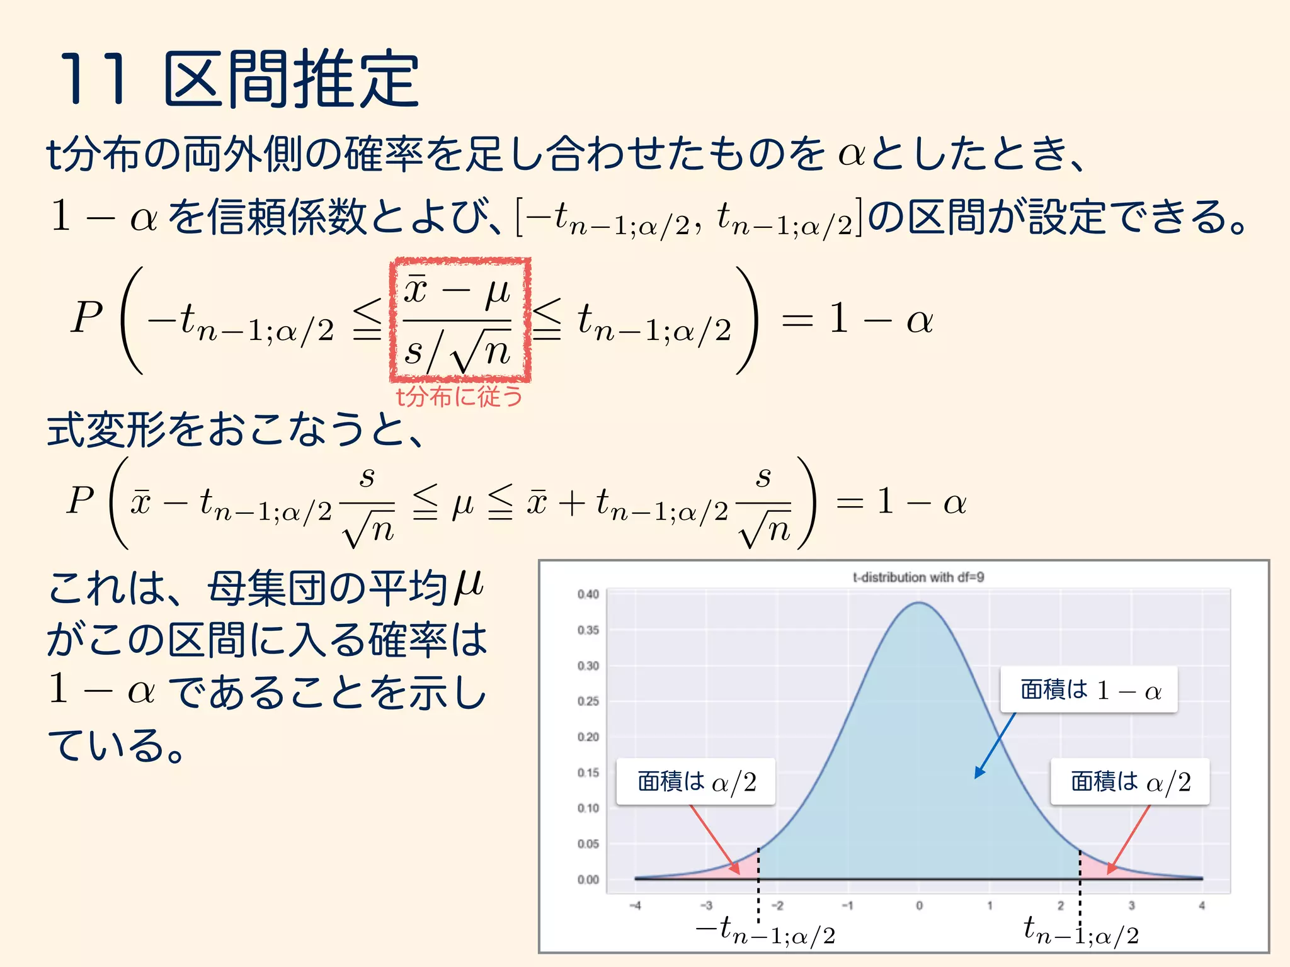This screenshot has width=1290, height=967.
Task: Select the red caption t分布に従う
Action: (x=459, y=397)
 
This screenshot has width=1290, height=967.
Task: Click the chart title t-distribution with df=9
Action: (x=918, y=577)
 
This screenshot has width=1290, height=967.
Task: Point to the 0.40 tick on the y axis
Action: (x=588, y=594)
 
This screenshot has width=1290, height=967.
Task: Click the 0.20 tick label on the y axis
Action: (x=588, y=737)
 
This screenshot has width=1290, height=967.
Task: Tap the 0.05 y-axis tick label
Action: (x=588, y=844)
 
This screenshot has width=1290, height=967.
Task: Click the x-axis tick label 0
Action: (x=919, y=906)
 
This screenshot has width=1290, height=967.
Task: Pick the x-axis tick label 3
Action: (x=1131, y=906)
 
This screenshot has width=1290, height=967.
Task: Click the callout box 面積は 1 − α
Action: (x=1089, y=690)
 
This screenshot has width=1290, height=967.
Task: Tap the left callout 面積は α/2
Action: (x=695, y=782)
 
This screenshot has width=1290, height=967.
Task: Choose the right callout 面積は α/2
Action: (x=1130, y=782)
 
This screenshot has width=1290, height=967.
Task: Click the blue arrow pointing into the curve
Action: (x=995, y=746)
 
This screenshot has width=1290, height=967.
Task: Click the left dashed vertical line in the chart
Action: (x=758, y=881)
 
